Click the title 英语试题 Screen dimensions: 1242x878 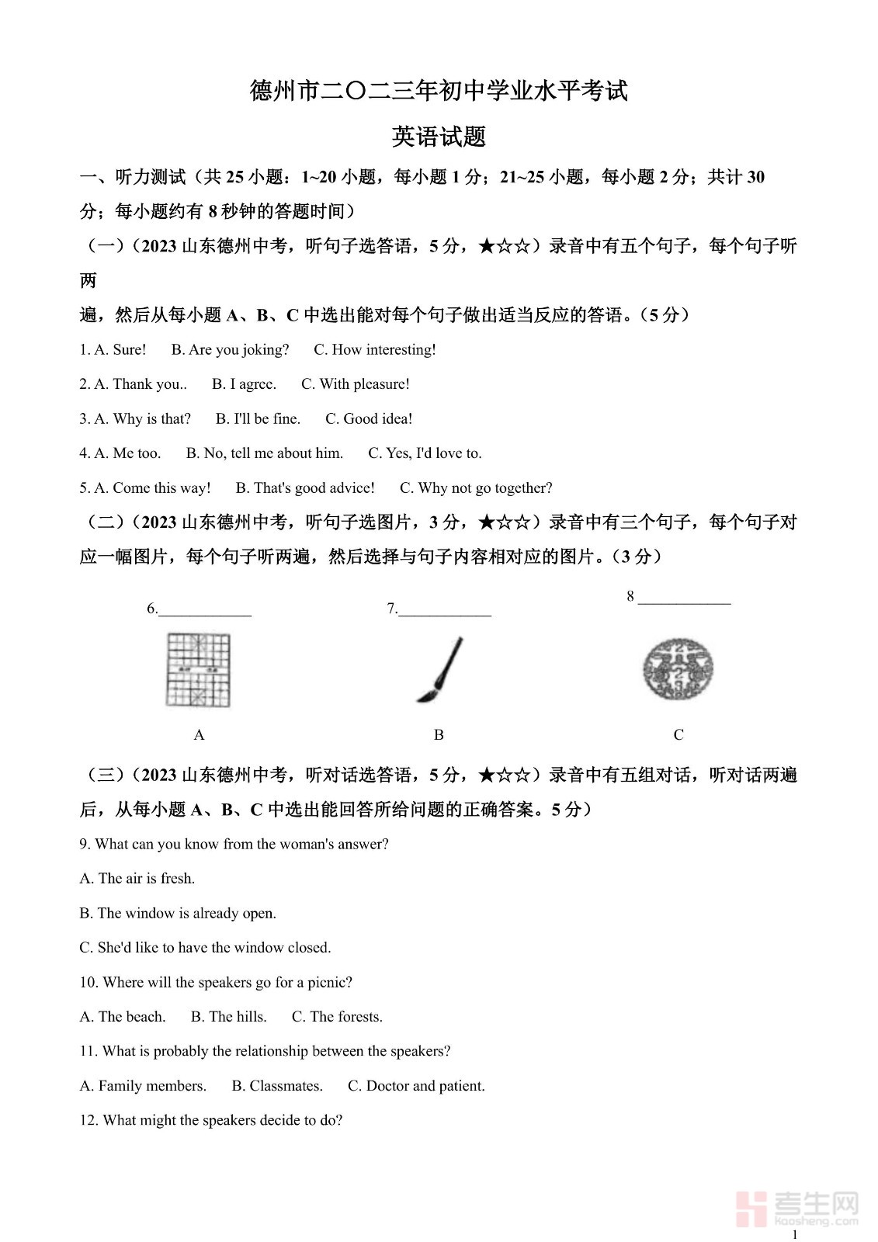pos(439,137)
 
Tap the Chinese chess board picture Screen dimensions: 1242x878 pos(199,669)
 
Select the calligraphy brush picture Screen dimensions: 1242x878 pos(439,669)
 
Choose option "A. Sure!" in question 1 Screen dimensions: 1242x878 pos(120,350)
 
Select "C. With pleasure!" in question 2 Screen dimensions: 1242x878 pos(355,384)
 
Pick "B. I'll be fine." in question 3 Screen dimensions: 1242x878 pos(258,419)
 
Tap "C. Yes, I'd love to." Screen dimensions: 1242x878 pos(425,453)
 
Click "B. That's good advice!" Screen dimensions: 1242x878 pos(305,488)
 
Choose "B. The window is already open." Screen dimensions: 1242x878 pos(178,914)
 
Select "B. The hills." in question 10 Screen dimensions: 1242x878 pos(229,1017)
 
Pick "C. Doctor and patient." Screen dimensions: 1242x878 pos(416,1086)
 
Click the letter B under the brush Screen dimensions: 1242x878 pos(439,735)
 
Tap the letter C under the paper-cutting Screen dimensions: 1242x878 pos(678,735)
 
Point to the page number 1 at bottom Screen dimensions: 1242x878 pos(794,1234)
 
